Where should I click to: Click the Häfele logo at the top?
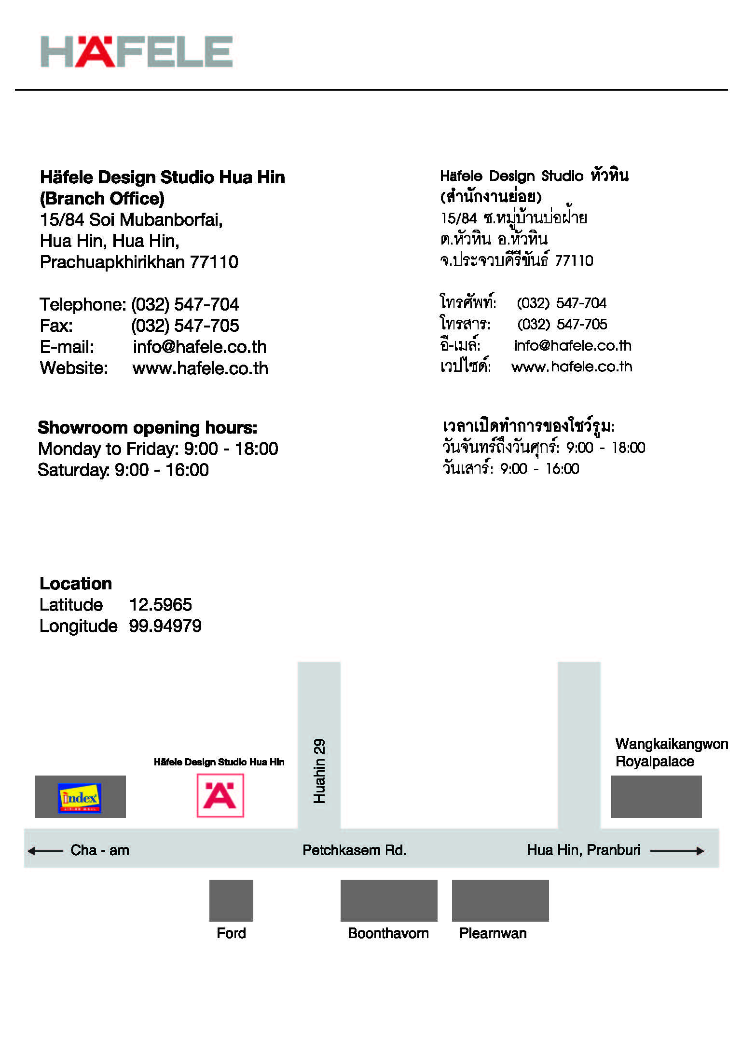pos(137,52)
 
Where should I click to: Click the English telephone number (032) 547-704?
pos(185,304)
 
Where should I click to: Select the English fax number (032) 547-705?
pos(185,326)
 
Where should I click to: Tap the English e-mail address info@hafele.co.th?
pos(200,347)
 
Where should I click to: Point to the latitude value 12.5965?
pos(161,605)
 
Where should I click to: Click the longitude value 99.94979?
pos(165,626)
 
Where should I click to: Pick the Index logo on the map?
pos(80,798)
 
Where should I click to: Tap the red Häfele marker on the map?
pos(220,796)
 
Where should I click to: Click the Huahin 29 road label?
pos(319,771)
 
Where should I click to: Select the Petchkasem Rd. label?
pos(354,850)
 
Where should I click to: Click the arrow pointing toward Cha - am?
pos(45,851)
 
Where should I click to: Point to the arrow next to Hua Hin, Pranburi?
pos(676,851)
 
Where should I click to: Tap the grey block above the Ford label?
pos(231,900)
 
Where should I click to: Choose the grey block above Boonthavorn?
pos(389,900)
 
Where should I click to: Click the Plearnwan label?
pos(493,933)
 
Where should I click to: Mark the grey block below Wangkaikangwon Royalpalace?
pos(656,797)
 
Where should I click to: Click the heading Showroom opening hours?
pos(148,428)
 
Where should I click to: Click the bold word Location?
pos(76,584)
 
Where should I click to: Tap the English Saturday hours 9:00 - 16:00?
pos(162,470)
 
